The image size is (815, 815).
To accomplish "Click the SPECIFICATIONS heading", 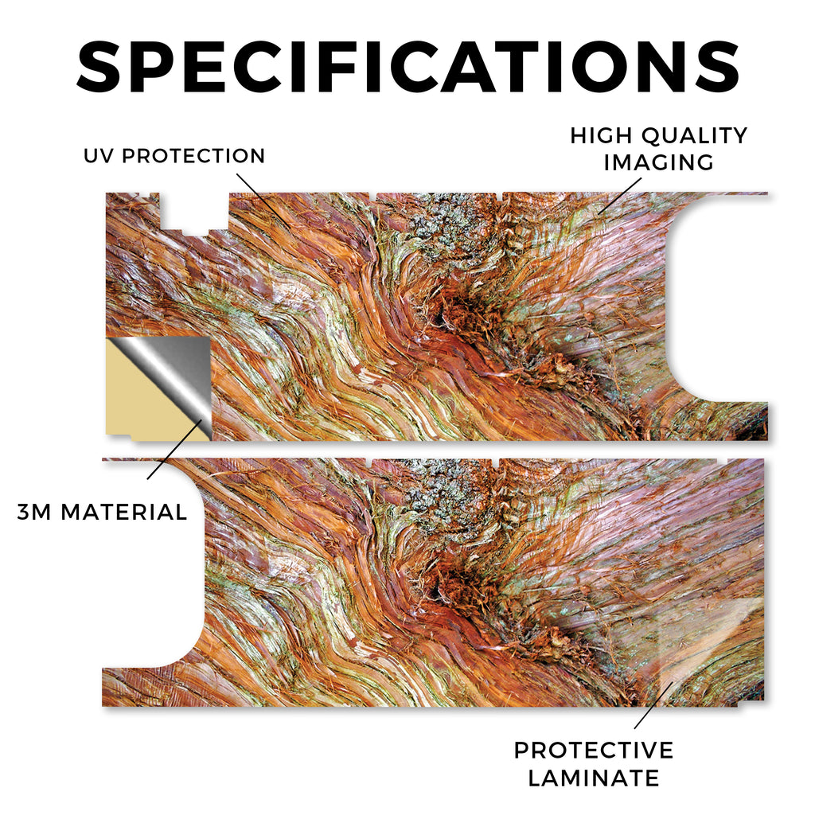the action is (407, 67).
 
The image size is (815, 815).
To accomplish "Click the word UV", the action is (98, 156).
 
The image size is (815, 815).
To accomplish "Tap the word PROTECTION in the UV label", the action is (193, 156).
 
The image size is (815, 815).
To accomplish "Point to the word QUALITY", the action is (694, 135).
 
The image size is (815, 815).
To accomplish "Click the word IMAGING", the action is (658, 162).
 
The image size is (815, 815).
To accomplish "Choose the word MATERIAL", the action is (123, 513).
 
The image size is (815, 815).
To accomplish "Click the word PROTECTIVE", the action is (594, 751).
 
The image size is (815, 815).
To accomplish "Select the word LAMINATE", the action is (594, 778).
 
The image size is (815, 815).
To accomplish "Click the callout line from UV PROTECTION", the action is (263, 200).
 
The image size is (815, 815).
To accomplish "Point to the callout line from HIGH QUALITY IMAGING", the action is (619, 196).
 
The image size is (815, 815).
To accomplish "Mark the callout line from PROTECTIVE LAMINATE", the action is (653, 705).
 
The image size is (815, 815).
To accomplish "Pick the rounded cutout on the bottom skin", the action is (154, 564).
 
